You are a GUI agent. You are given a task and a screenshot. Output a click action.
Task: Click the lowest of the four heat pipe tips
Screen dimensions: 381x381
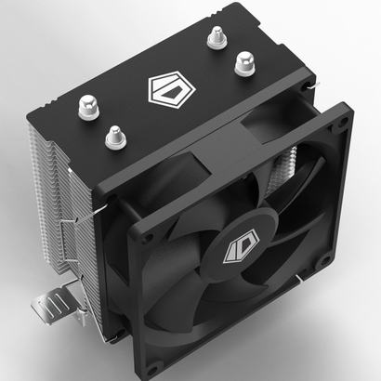click(114, 137)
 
